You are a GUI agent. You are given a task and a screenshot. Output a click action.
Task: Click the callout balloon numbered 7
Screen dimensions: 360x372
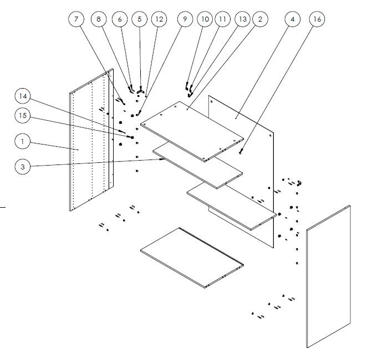77,19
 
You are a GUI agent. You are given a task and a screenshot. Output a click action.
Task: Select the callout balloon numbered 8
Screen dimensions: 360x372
99,19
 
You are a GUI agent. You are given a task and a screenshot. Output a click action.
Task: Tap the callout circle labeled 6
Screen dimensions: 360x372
119,19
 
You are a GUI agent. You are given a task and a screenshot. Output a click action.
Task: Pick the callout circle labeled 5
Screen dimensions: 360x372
139,19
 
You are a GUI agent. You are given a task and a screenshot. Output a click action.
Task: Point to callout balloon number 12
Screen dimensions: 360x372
159,19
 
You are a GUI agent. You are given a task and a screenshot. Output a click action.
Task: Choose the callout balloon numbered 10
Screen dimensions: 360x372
205,19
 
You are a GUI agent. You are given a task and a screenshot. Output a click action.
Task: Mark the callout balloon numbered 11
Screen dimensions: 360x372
222,19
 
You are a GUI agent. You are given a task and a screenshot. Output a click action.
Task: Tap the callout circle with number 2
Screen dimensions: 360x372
259,19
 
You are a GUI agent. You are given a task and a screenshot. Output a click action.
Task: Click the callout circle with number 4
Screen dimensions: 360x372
292,19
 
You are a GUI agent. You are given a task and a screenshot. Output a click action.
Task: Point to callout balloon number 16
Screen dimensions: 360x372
317,19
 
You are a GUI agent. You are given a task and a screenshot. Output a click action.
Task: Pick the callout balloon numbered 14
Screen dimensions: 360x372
23,96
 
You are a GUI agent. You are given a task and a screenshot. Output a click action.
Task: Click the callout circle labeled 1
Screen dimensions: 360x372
23,142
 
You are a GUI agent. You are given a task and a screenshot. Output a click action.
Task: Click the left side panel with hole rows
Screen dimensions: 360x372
89,144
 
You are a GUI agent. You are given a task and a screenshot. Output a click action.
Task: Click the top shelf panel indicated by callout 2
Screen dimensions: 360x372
191,130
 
